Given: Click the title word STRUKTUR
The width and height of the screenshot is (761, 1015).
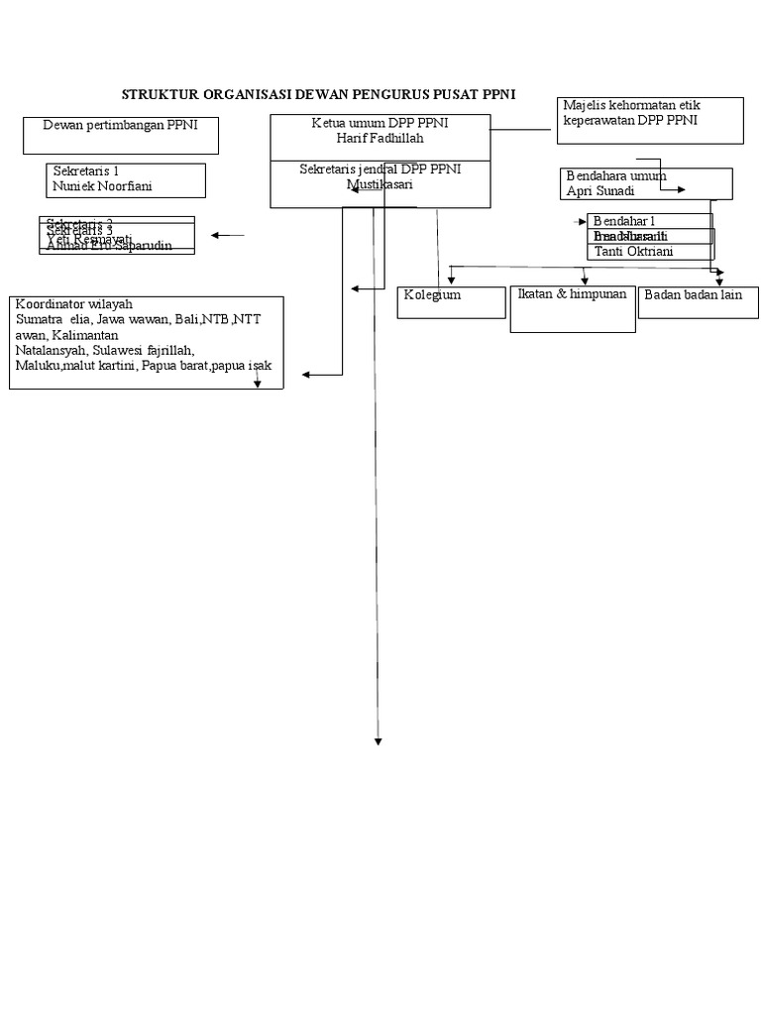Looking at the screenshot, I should (160, 95).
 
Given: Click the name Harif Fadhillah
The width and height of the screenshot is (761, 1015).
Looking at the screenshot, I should (380, 139).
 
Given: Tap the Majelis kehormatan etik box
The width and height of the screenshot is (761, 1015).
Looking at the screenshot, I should (651, 120).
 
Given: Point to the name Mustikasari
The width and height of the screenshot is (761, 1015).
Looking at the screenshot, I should (380, 184).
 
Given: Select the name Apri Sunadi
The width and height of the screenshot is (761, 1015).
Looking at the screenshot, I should (600, 190).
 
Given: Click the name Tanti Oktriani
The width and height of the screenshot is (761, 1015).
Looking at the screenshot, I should (633, 252).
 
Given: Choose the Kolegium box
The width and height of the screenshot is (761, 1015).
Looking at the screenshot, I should (451, 302).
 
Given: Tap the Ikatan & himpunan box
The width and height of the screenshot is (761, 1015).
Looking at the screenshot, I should (573, 310).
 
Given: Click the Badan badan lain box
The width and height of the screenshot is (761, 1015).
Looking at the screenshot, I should (698, 302).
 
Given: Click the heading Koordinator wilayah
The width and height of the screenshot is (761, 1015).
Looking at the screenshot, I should (74, 304).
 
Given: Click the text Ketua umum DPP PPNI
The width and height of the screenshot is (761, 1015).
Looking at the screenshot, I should (380, 123).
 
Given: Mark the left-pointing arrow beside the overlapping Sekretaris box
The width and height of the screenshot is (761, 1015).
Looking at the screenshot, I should (227, 236).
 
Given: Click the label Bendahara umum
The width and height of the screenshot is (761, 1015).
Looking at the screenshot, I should (615, 175).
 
